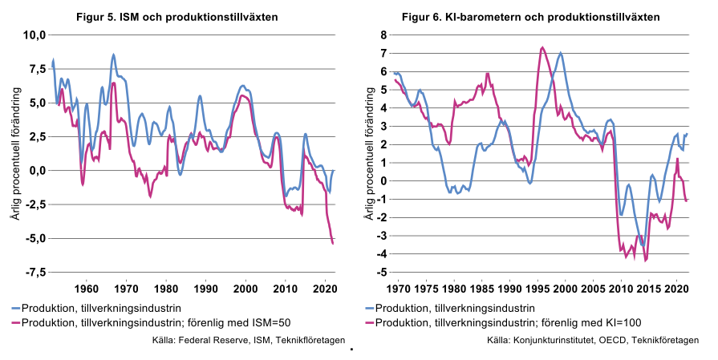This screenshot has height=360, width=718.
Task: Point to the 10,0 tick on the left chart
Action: click(36, 34)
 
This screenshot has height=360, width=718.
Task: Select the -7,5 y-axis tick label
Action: click(35, 273)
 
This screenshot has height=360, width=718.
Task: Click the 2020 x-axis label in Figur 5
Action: click(323, 287)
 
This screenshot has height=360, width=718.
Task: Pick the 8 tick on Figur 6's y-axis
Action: click(383, 34)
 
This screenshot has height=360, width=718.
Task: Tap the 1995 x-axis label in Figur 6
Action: click(537, 287)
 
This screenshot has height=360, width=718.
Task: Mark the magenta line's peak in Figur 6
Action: click(542, 47)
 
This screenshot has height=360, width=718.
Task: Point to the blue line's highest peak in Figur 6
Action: click(560, 53)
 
